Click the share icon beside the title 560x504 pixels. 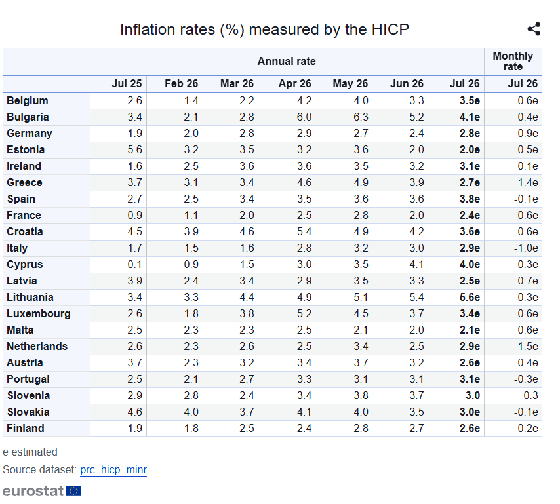click(x=534, y=29)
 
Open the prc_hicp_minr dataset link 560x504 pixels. click(x=113, y=470)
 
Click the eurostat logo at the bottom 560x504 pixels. click(x=42, y=491)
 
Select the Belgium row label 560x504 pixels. click(x=27, y=101)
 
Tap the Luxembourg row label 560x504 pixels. click(x=39, y=314)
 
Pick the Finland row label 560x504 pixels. click(x=26, y=429)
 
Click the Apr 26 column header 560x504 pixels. click(x=294, y=83)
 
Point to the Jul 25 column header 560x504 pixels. click(x=127, y=83)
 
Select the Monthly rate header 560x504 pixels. click(x=513, y=61)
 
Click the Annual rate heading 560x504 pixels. click(x=287, y=61)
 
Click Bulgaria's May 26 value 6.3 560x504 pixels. click(x=361, y=117)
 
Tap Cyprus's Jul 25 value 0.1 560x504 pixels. click(x=134, y=265)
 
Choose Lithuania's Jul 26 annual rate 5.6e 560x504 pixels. click(x=470, y=298)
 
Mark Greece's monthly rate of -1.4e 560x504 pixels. click(x=526, y=183)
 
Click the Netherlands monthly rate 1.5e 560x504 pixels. click(x=528, y=346)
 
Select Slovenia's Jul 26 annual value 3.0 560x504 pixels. click(x=473, y=395)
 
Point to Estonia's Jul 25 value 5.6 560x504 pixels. click(x=134, y=150)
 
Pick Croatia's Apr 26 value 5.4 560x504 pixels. click(x=304, y=231)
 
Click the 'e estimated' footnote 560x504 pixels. click(x=30, y=452)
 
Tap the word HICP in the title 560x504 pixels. click(x=390, y=29)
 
